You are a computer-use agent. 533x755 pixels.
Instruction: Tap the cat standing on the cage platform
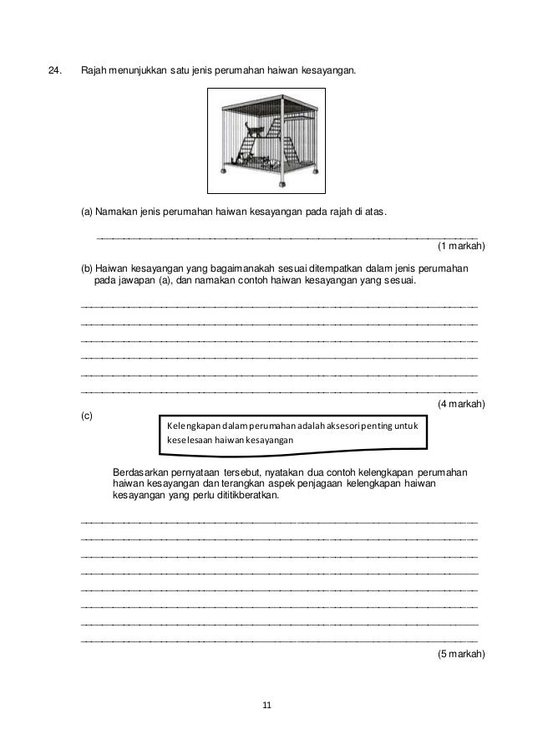point(253,130)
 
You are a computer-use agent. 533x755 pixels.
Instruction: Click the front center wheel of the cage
point(279,183)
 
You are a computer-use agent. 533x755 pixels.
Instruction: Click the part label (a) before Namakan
point(87,212)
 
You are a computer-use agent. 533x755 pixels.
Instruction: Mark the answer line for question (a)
point(288,237)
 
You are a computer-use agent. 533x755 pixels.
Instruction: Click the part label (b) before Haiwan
point(87,268)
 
